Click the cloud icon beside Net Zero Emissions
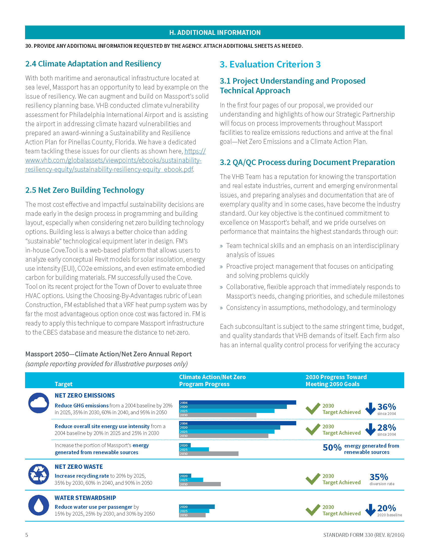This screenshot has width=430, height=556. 38,403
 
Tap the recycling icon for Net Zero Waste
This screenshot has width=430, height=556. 38,474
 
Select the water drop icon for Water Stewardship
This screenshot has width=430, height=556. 38,505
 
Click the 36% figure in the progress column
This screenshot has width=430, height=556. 386,407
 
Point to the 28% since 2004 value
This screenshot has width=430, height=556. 386,427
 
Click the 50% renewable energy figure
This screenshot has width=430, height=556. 332,448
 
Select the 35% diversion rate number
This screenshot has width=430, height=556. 379,477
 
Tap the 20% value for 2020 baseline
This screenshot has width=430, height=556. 386,508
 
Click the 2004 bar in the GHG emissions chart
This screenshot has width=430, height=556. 238,403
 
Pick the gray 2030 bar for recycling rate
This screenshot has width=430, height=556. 200,484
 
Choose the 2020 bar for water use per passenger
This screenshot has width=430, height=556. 197,507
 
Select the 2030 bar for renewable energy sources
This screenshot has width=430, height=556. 209,454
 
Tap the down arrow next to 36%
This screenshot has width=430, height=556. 370,408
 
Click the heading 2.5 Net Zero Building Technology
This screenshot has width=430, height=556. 84,190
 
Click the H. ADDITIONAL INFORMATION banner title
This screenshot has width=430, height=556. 215,33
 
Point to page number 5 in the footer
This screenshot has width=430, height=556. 27,535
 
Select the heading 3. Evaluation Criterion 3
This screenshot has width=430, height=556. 270,64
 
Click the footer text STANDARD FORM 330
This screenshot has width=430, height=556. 363,535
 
